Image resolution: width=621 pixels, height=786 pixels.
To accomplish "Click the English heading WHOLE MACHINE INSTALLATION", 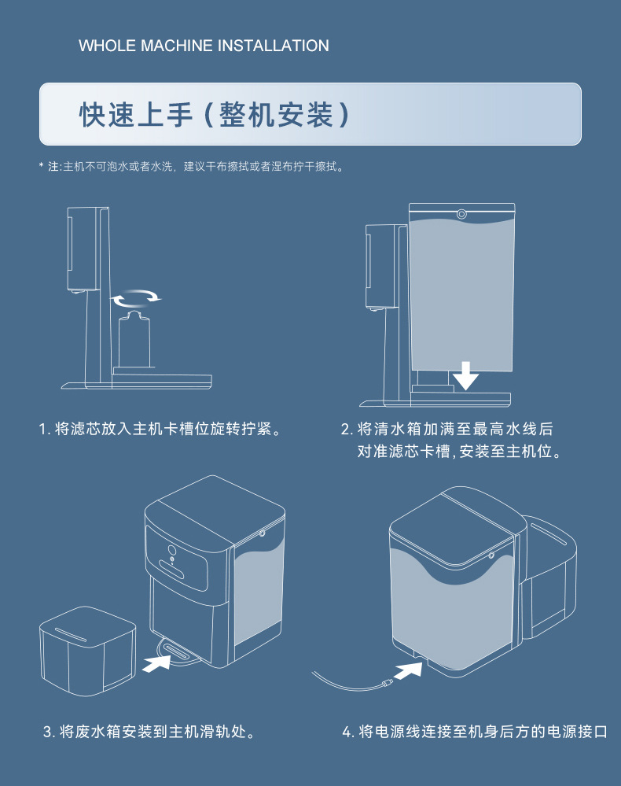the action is click(204, 46).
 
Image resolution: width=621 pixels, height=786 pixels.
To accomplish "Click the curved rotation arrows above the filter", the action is click(134, 297).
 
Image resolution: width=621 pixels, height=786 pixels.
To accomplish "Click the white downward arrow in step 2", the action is click(465, 375).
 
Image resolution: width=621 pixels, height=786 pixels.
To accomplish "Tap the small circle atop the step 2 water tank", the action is click(461, 213).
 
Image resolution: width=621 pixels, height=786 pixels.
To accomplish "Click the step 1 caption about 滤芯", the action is click(160, 430).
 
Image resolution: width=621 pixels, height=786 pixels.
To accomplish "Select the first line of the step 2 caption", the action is click(446, 430).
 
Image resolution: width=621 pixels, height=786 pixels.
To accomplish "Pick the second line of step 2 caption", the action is click(459, 453).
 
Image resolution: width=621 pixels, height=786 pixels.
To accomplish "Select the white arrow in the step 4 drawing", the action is click(413, 670).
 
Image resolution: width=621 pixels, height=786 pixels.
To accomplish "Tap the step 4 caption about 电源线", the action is click(475, 732).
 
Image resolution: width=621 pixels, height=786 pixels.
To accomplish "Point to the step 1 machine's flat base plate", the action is click(137, 383).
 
